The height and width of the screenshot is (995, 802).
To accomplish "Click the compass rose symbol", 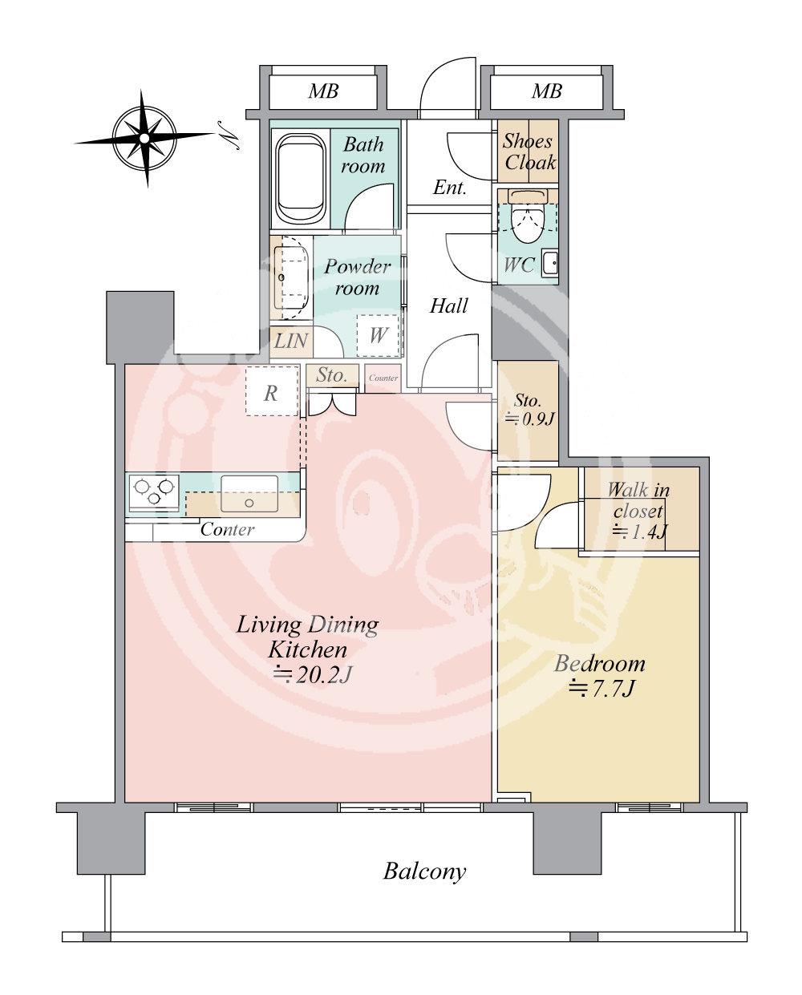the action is [144, 138].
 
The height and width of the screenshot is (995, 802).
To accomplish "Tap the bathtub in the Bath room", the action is [299, 179].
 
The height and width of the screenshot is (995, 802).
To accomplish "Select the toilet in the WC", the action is [528, 216].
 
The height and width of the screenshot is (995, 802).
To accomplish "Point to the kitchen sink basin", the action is [249, 494].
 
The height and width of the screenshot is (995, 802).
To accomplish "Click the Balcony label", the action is [424, 872].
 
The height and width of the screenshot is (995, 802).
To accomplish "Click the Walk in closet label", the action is [638, 500].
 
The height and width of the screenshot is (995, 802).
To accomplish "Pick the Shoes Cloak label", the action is [529, 152].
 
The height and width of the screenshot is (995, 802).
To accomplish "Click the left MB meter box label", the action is [323, 91].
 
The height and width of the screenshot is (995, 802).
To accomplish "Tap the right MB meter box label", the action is [547, 91].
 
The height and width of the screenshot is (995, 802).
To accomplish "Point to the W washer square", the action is [378, 336].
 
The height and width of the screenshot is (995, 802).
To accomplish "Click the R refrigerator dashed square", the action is [272, 390].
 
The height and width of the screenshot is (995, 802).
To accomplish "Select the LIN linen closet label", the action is [291, 342].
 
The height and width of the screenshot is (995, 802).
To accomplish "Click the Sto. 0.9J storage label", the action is [529, 410].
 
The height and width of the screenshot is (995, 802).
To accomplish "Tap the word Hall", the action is [448, 305].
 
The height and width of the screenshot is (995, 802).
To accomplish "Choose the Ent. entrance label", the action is [450, 188].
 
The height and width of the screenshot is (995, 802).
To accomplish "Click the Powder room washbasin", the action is [291, 277].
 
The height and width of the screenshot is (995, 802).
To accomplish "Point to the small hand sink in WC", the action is [550, 264].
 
